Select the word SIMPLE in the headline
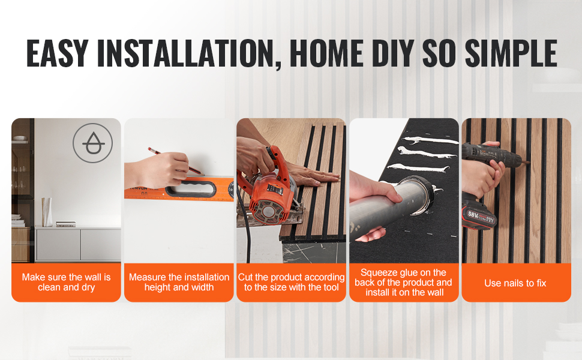point(511,53)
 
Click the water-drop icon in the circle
point(93,143)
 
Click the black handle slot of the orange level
point(191,188)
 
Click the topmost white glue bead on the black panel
point(430,140)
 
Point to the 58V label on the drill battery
point(473,215)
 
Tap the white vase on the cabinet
point(47,212)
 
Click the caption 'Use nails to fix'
point(515,284)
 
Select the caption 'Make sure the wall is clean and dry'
point(67,283)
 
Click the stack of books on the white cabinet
point(65,224)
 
